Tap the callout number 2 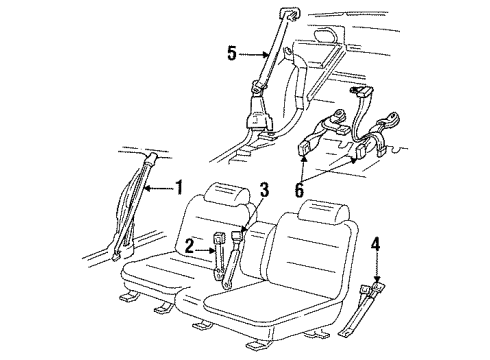coord(189,243)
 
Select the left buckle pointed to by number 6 coord(306,150)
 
